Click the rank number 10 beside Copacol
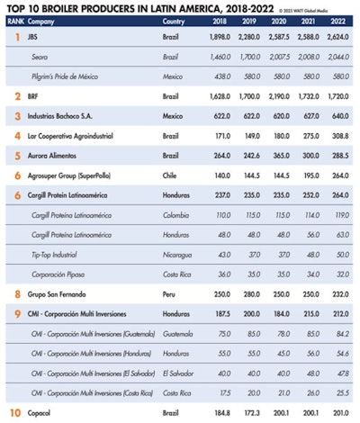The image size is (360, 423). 15,413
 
